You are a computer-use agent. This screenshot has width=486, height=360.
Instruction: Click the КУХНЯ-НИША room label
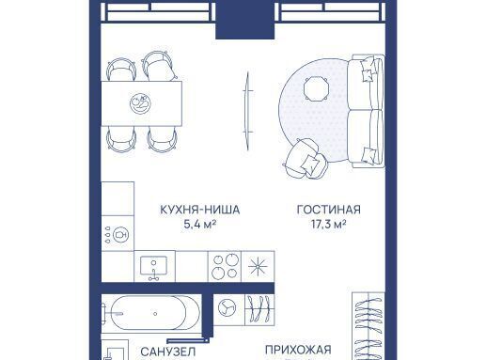tap(200, 210)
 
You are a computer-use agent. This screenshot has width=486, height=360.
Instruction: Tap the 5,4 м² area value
tap(200, 224)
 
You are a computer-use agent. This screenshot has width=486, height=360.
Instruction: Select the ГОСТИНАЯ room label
tap(329, 210)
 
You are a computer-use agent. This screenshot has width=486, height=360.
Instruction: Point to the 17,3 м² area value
tap(329, 224)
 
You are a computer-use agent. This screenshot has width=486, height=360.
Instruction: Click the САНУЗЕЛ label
tap(168, 352)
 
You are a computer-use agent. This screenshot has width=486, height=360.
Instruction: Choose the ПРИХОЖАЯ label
tap(298, 350)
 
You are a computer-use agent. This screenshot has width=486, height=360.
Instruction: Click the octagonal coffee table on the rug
tap(316, 88)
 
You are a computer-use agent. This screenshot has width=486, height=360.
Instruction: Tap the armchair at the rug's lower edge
tap(305, 159)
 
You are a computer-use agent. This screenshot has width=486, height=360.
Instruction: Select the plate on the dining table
tap(140, 103)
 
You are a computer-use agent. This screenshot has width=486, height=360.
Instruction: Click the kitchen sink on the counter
tap(153, 266)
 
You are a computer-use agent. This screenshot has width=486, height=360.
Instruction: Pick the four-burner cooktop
tap(225, 266)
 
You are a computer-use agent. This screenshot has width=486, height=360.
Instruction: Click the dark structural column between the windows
tap(245, 20)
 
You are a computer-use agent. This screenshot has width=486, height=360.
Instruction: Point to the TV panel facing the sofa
tap(248, 111)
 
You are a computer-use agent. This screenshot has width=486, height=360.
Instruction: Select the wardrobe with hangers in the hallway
tap(368, 326)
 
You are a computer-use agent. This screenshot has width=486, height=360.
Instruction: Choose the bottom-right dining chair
tap(163, 139)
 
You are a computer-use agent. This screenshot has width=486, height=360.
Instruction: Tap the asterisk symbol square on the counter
tap(258, 266)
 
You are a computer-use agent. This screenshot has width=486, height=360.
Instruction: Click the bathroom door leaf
tap(187, 340)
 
